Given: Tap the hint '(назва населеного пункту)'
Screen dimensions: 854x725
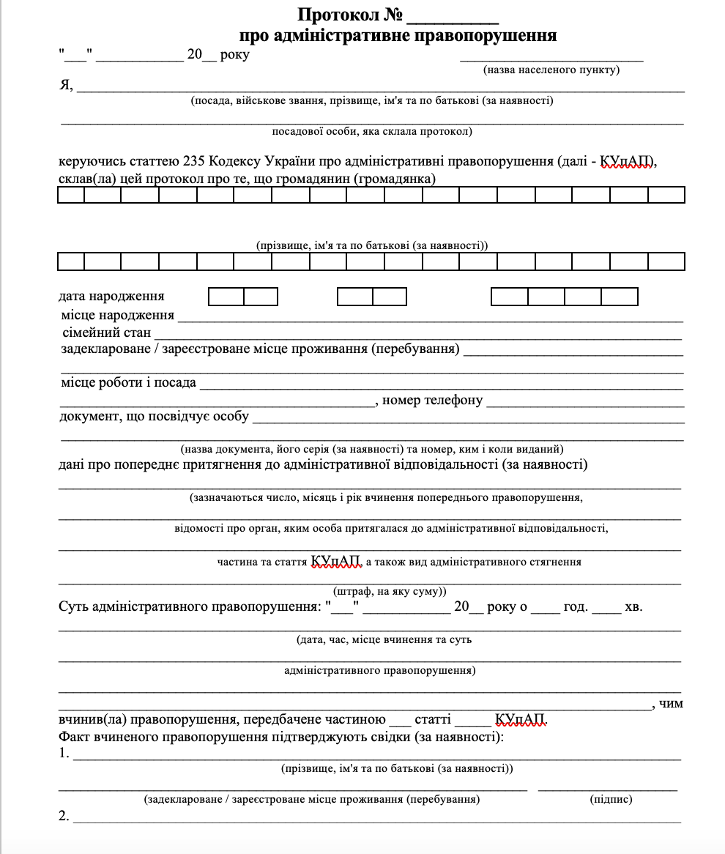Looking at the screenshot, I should click(x=551, y=70).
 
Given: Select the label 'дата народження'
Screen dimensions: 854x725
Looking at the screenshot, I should click(x=111, y=296).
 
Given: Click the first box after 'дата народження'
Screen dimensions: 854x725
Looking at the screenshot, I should click(x=226, y=297).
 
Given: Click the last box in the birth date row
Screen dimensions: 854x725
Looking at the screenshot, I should click(x=619, y=297).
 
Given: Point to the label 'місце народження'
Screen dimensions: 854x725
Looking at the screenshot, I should click(x=118, y=315).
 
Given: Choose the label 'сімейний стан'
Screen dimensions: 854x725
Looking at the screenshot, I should click(x=107, y=333).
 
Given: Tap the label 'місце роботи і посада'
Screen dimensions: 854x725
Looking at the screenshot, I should click(x=128, y=382).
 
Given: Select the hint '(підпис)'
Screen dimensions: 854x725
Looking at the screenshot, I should click(x=611, y=799).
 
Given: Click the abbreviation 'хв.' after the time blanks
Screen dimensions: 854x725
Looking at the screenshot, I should click(x=633, y=607).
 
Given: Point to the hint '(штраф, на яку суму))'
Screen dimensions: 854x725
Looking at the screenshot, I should click(x=390, y=591).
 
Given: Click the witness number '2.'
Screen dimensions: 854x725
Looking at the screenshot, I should click(x=64, y=816).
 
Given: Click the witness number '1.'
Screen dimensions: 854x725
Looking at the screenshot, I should click(x=64, y=754).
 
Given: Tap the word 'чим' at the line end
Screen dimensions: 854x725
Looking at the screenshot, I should click(x=671, y=704).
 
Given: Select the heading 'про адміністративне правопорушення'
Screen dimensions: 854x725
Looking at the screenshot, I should click(x=398, y=35).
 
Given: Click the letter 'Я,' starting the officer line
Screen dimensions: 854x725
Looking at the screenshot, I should click(x=66, y=85).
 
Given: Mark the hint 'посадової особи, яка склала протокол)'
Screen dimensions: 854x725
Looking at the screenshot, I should click(x=372, y=132).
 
